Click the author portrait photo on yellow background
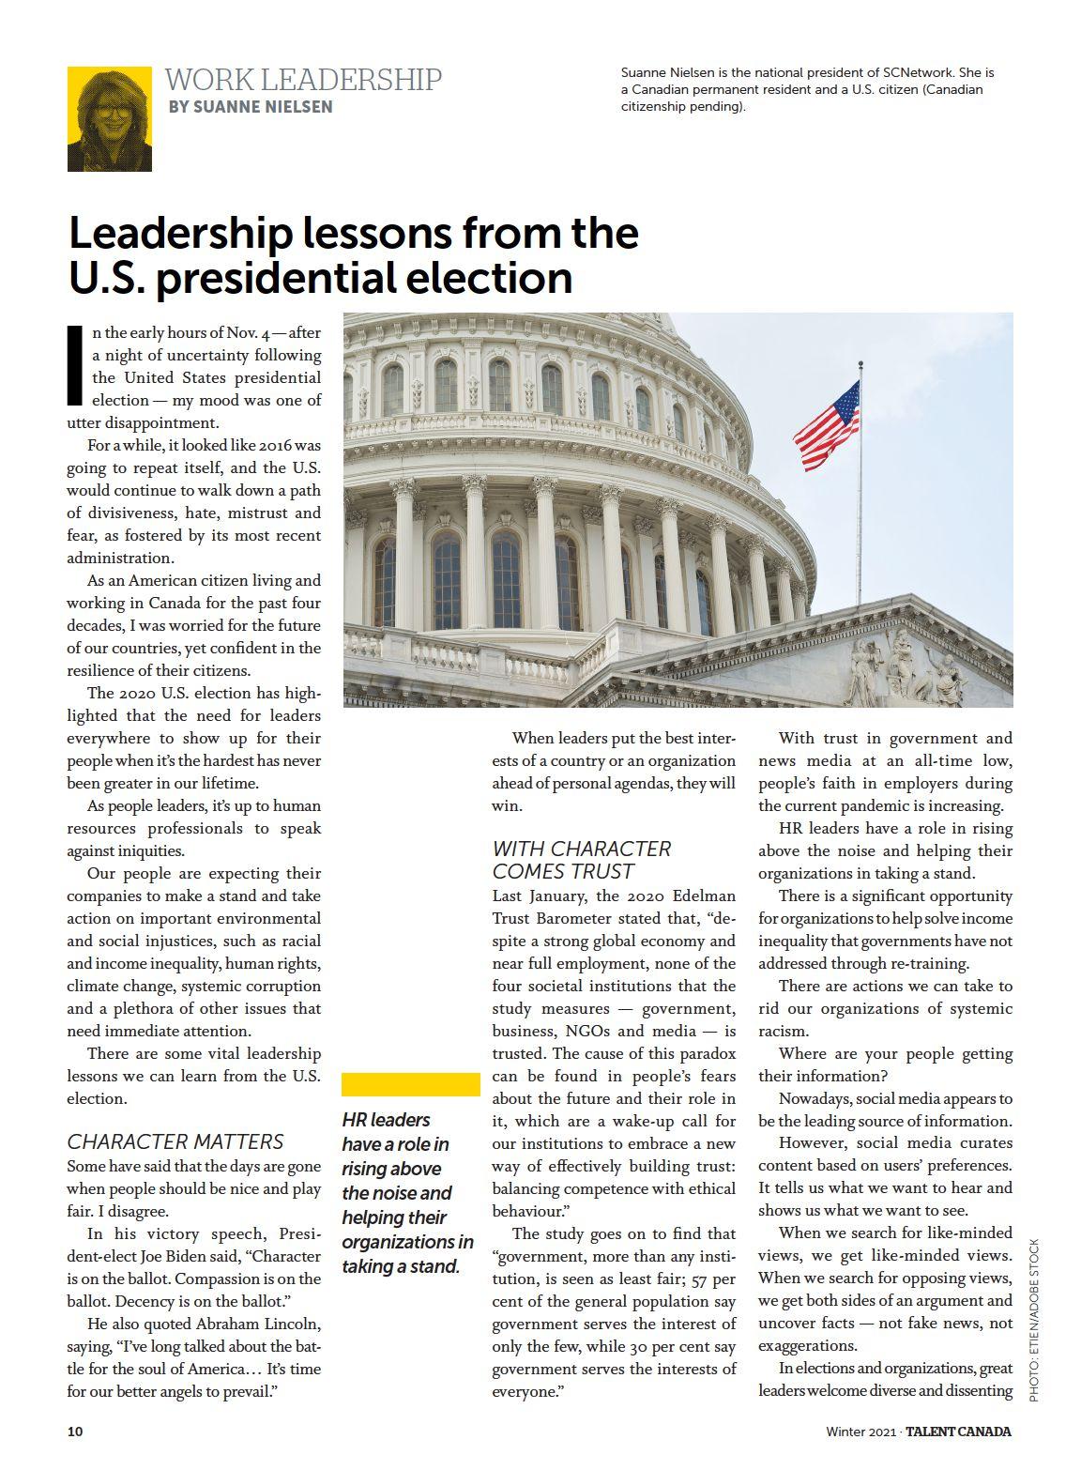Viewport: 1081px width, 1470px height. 109,119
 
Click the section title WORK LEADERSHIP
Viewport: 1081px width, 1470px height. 303,80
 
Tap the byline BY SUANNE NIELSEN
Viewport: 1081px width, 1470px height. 251,107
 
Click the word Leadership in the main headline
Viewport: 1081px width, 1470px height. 181,233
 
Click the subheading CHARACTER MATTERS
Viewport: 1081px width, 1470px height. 175,1141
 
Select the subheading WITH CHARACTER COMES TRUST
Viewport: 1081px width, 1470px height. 582,860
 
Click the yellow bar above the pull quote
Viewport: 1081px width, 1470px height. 411,1084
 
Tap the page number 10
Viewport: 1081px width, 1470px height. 75,1432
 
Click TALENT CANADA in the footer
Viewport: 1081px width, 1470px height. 958,1432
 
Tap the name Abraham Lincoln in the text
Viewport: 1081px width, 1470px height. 258,1324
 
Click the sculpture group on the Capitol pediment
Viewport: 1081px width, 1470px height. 906,668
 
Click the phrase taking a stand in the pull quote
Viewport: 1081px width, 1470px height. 402,1266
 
